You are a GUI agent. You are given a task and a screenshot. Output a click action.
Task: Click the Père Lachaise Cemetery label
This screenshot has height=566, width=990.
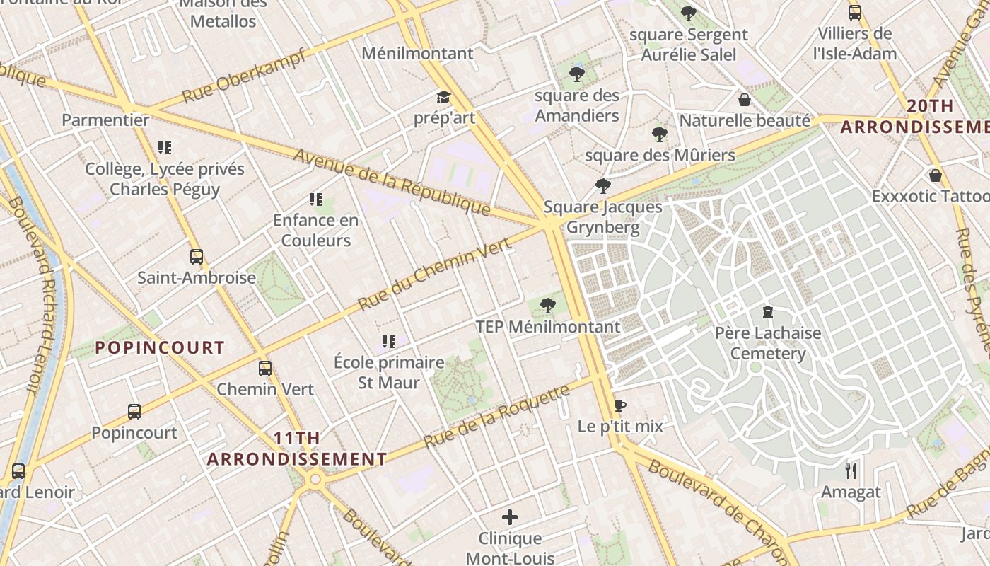point(768,343)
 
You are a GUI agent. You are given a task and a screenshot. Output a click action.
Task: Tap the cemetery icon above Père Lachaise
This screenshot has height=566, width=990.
point(768,312)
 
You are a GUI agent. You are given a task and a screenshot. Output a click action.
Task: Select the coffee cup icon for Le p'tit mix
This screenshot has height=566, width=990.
point(620,405)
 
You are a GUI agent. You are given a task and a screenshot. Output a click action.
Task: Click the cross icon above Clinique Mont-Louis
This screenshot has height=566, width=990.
point(509,517)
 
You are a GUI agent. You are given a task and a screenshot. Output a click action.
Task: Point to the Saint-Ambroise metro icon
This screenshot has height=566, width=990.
point(197,257)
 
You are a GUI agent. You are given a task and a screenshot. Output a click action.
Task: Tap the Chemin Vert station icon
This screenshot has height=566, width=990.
point(265,369)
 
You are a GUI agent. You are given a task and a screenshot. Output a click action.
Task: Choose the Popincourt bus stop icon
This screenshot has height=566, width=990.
point(134,412)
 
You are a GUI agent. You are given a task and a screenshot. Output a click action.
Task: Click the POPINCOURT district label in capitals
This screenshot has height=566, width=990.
point(160,347)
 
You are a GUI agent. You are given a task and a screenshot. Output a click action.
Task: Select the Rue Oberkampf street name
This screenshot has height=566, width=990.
point(244,76)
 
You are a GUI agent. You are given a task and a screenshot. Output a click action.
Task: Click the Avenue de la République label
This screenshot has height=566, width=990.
point(392,182)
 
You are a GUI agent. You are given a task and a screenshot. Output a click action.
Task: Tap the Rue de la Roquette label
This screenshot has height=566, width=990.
point(496,417)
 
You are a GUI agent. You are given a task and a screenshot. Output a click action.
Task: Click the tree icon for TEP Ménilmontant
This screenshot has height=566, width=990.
point(547,306)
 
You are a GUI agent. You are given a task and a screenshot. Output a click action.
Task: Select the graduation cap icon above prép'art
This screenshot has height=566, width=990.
point(443,97)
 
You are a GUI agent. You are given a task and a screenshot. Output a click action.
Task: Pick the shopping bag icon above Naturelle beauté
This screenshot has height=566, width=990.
point(744,100)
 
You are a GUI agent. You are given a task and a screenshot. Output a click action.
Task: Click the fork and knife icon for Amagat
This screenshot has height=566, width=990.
point(851,471)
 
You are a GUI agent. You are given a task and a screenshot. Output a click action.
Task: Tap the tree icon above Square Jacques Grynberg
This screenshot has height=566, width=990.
point(602,186)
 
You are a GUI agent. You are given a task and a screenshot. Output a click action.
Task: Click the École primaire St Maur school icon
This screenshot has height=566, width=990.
point(388,342)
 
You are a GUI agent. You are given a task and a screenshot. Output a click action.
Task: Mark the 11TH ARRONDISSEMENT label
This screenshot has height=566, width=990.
point(297,449)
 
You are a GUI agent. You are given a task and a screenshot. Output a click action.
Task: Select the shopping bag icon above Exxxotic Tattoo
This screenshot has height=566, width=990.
point(936,175)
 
